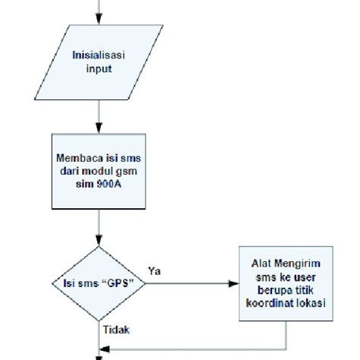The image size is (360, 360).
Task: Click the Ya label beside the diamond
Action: tap(155, 271)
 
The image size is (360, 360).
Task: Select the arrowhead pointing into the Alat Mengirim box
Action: tap(234, 285)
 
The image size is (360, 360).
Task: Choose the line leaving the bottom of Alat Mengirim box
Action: tap(286, 334)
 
